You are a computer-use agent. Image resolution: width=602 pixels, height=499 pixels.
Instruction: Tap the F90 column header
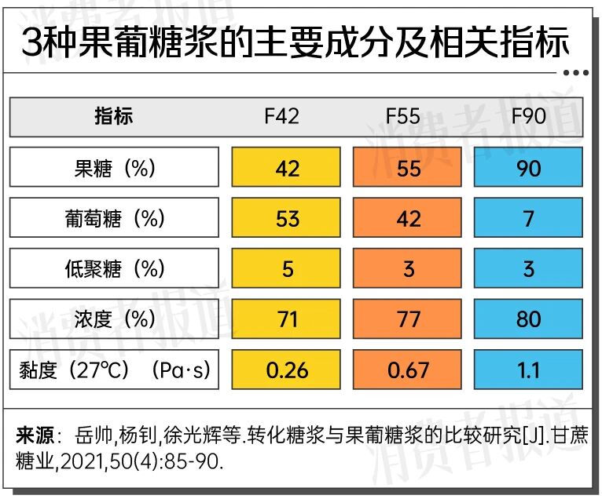[x=528, y=117]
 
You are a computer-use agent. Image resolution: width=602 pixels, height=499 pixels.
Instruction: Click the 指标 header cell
[x=114, y=117]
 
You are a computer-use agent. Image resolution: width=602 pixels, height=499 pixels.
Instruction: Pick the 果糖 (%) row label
[x=114, y=168]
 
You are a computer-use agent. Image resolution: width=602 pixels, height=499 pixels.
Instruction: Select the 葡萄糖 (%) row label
[x=114, y=218]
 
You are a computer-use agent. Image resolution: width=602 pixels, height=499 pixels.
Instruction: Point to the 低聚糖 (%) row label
[x=114, y=269]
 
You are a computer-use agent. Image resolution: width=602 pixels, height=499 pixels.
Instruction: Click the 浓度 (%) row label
[x=114, y=319]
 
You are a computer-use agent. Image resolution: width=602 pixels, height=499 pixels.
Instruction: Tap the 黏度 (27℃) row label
[x=114, y=370]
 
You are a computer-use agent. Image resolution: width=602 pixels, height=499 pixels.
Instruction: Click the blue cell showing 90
[x=528, y=168]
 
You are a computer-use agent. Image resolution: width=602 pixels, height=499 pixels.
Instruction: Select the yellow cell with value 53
[x=288, y=218]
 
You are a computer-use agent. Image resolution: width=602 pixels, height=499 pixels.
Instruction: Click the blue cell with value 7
[x=528, y=218]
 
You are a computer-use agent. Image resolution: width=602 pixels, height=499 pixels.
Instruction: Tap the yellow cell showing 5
[x=288, y=269]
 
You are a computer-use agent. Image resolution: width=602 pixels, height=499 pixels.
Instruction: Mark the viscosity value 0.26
[x=288, y=370]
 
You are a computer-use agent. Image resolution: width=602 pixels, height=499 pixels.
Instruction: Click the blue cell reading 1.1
[x=528, y=370]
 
